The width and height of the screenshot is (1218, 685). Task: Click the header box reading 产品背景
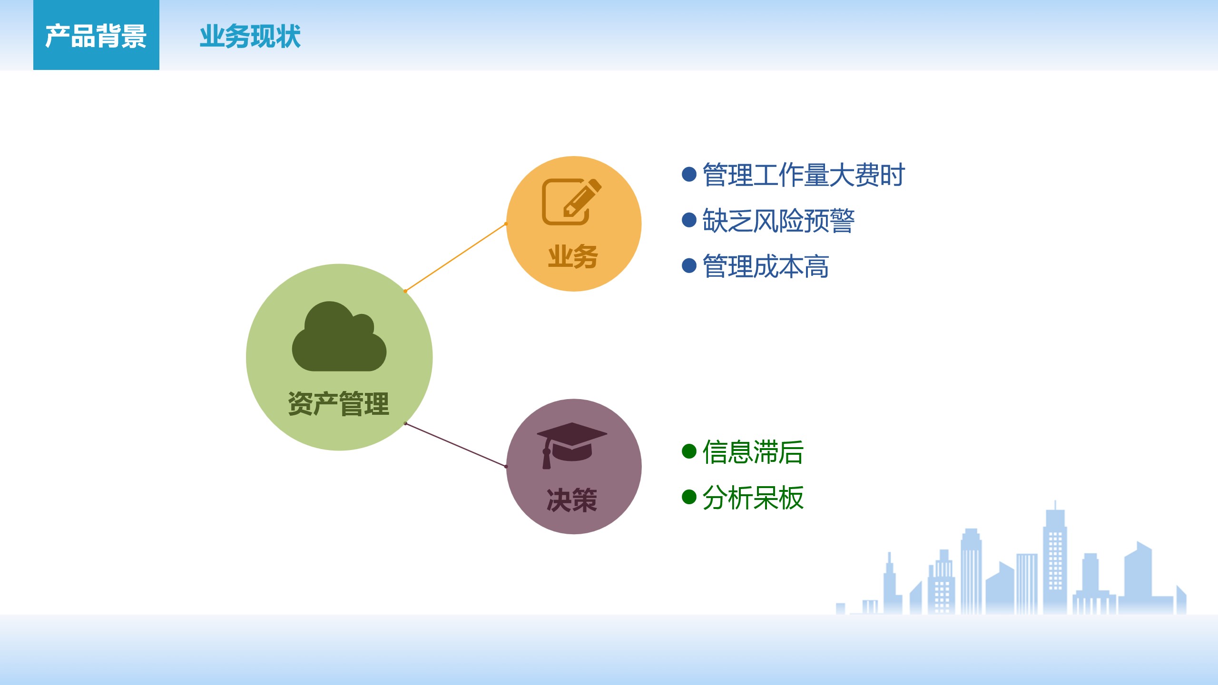point(96,35)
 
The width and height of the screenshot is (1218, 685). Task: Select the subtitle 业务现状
point(250,37)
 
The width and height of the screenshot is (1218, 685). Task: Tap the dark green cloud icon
point(339,336)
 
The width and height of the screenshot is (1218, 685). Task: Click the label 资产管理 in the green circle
point(339,404)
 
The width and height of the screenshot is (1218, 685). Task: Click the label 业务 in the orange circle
point(573,256)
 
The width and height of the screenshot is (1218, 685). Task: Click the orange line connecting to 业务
point(455,257)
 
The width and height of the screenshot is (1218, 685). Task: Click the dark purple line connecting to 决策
point(455,445)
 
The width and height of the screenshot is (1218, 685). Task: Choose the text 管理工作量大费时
point(804,175)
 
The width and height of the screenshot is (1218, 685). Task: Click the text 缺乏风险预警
point(779,221)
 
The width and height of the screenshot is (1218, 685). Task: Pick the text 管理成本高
point(766,266)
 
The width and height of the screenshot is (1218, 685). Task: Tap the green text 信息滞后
point(753,452)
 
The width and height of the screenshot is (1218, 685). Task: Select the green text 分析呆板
point(753,498)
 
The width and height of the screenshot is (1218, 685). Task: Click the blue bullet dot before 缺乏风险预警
point(689,220)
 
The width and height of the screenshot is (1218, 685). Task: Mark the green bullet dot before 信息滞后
point(689,451)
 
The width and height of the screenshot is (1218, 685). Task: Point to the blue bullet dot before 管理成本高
point(689,265)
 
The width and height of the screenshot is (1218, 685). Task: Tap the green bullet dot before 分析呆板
point(689,497)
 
